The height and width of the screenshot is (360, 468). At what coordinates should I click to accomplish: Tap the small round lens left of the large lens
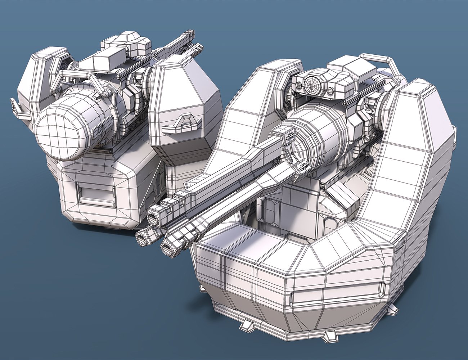(x=299, y=85)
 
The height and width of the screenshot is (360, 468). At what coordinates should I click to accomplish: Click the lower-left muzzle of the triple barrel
(x=141, y=238)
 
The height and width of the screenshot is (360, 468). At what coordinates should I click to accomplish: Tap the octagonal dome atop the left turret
(x=132, y=38)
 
